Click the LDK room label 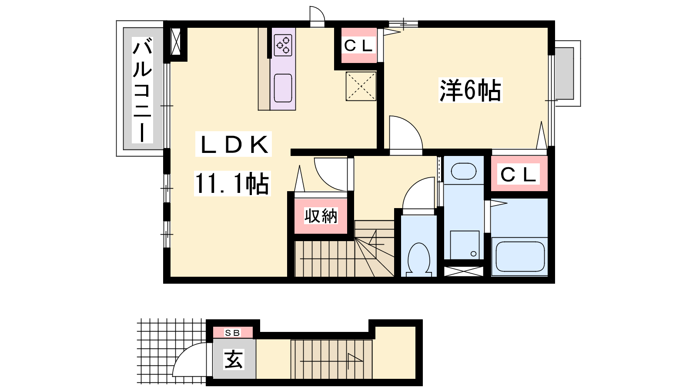[x=234, y=144]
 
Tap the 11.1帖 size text [x=232, y=183]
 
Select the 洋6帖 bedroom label [x=470, y=90]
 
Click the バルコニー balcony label [x=142, y=90]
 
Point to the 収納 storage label [x=321, y=215]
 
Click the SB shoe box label [x=232, y=333]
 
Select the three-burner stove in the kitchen [x=283, y=45]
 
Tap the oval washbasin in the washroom [x=464, y=171]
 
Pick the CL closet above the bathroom [x=519, y=174]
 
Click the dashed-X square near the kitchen [x=361, y=86]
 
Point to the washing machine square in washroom [x=465, y=245]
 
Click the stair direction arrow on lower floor [x=331, y=361]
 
